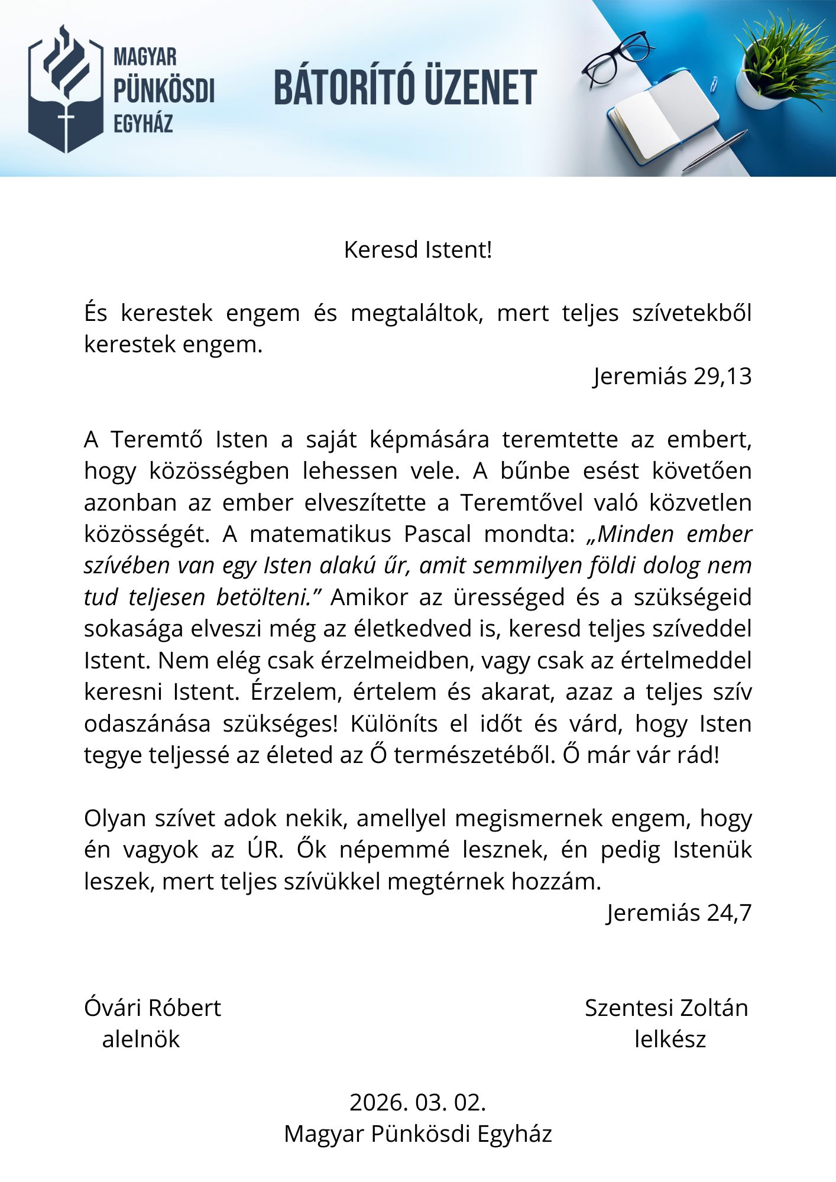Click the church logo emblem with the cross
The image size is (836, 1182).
[66, 89]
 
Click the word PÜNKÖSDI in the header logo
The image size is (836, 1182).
[164, 90]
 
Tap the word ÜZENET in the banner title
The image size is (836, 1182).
[480, 87]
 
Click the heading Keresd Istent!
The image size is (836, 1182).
[417, 250]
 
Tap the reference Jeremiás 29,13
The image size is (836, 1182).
[672, 376]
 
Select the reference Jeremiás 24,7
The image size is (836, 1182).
[679, 913]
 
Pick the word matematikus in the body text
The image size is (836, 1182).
[320, 534]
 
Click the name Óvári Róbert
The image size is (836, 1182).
[153, 1008]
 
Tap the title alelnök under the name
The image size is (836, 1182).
[141, 1040]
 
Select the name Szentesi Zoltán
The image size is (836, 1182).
[666, 1008]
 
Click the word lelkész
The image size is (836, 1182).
[670, 1040]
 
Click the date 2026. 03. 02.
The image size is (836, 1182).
[417, 1103]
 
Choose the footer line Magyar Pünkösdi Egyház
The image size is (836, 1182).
[417, 1134]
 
